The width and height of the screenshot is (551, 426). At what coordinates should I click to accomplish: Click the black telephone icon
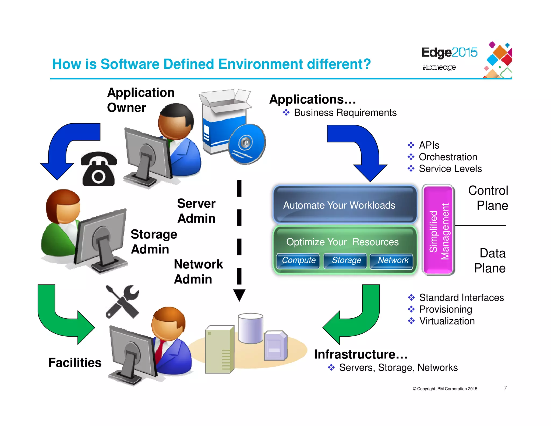pyautogui.click(x=98, y=169)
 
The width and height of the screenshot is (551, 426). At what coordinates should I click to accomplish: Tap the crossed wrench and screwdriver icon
pyautogui.click(x=122, y=302)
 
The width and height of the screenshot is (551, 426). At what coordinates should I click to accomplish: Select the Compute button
pyautogui.click(x=298, y=260)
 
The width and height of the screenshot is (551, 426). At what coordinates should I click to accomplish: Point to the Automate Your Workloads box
pyautogui.click(x=345, y=205)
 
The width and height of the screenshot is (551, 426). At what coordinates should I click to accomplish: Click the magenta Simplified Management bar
pyautogui.click(x=438, y=230)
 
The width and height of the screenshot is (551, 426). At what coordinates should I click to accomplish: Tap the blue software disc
pyautogui.click(x=247, y=144)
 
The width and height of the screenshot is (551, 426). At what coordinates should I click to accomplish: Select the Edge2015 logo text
pyautogui.click(x=449, y=52)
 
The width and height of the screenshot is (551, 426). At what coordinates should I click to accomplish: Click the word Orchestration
pyautogui.click(x=448, y=157)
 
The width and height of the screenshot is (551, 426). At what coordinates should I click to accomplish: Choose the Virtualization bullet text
pyautogui.click(x=447, y=321)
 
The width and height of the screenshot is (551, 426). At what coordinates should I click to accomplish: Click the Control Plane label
pyautogui.click(x=488, y=198)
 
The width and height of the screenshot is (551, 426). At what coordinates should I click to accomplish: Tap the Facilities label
pyautogui.click(x=75, y=362)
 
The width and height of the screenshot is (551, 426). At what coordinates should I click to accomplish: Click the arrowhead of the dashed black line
pyautogui.click(x=239, y=295)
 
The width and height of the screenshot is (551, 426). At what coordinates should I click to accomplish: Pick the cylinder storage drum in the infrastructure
pyautogui.click(x=250, y=328)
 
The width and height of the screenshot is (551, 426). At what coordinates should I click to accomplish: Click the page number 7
pyautogui.click(x=505, y=388)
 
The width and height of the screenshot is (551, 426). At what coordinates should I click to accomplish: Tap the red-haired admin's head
pyautogui.click(x=63, y=206)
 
